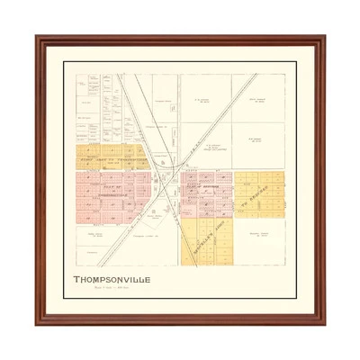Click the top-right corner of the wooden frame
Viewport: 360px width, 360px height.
[325, 37]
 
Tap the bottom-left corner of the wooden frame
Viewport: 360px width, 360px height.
[36, 324]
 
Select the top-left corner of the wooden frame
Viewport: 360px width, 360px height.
[36, 37]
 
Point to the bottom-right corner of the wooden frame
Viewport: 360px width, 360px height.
[325, 324]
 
